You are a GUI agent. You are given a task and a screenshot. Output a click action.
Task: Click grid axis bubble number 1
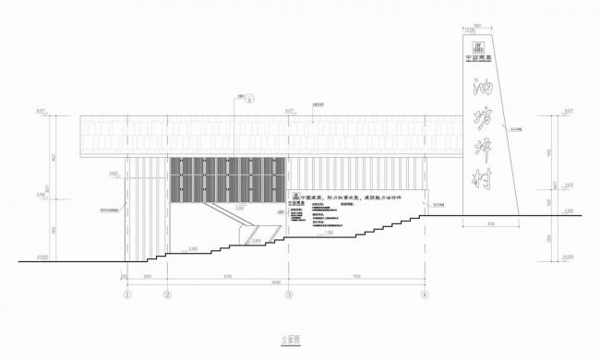pyautogui.click(x=128, y=295)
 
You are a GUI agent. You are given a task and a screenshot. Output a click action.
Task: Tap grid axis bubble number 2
pyautogui.click(x=168, y=295)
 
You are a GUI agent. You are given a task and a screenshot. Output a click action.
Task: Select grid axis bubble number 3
pyautogui.click(x=289, y=295)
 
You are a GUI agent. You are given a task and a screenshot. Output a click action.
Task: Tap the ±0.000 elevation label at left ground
pyautogui.click(x=42, y=256)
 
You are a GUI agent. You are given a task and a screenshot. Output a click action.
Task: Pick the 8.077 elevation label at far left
pyautogui.click(x=42, y=111)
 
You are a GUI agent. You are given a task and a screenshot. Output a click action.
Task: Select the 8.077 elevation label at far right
pyautogui.click(x=569, y=111)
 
